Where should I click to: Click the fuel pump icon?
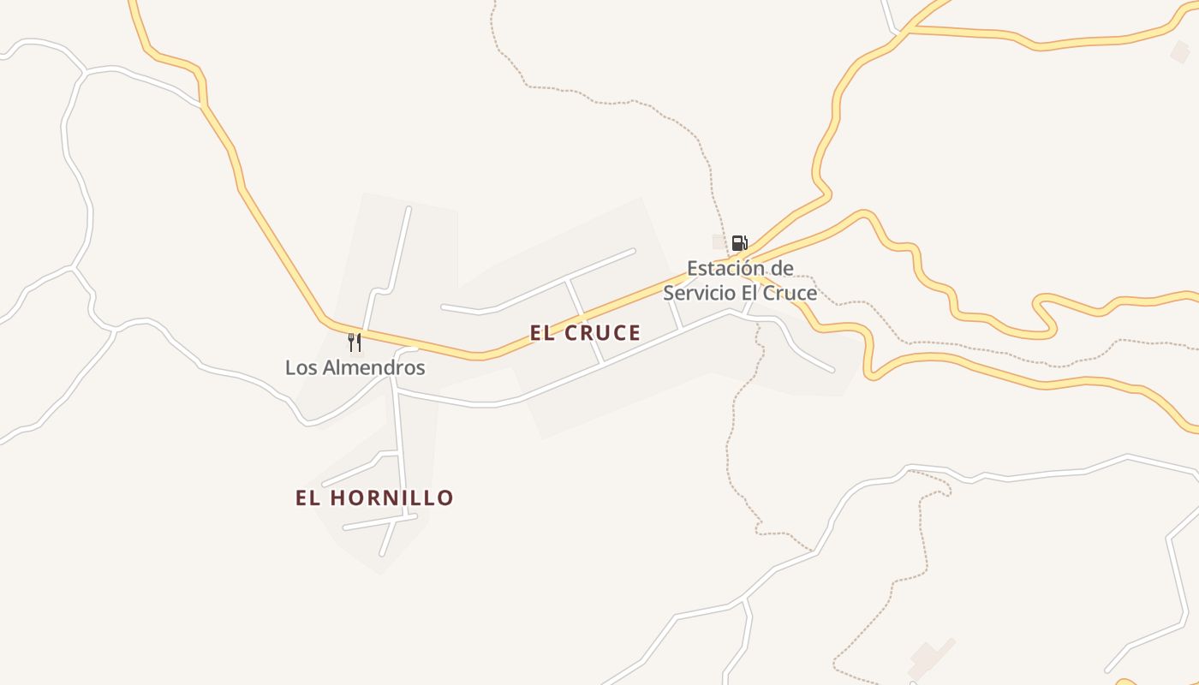739,243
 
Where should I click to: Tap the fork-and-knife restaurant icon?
355,342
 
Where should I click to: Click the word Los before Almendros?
301,368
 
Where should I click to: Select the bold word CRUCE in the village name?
603,333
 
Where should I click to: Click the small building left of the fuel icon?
719,241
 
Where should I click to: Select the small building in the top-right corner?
1180,52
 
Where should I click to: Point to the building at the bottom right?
930,656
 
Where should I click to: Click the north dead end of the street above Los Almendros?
409,208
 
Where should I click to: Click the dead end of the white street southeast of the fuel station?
832,370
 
